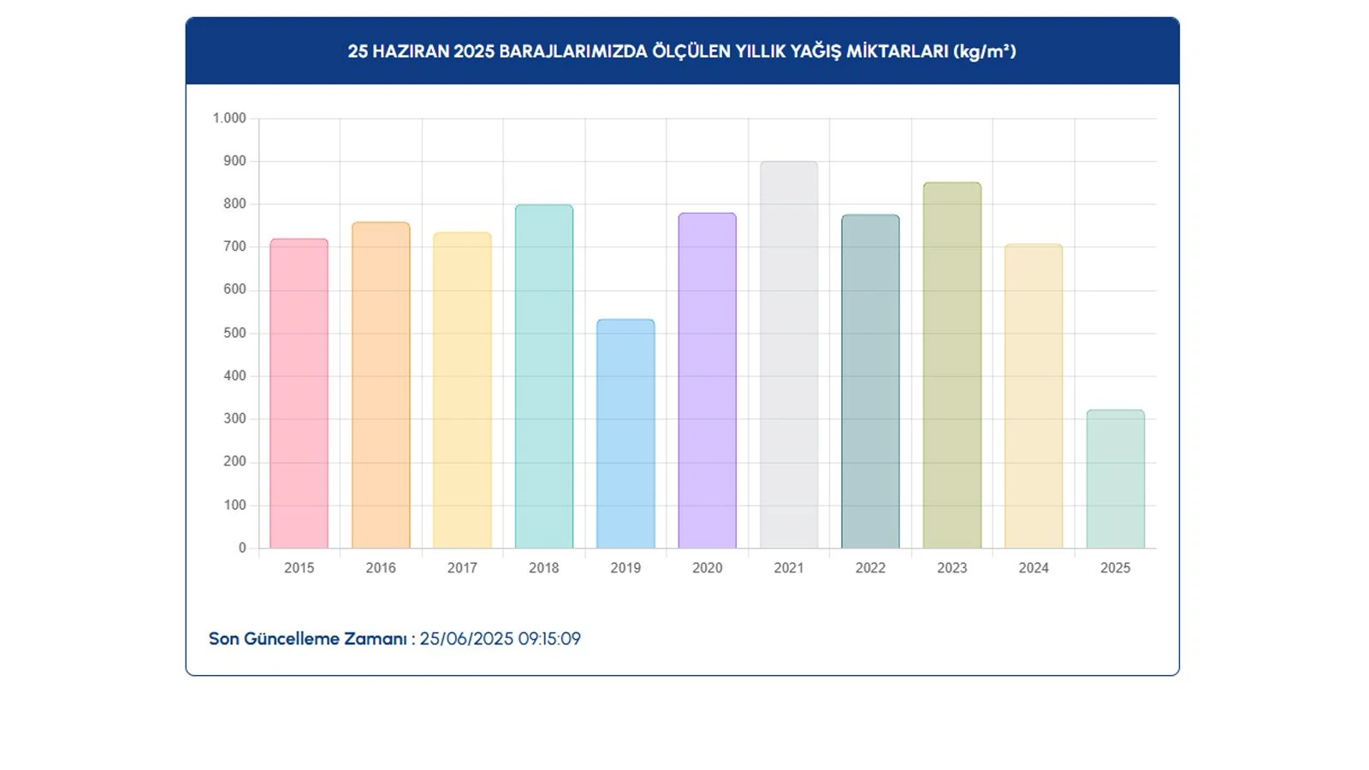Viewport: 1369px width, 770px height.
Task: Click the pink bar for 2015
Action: tap(299, 394)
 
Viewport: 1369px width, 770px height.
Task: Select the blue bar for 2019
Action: tap(625, 434)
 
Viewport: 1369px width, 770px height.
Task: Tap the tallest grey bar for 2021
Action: tap(789, 355)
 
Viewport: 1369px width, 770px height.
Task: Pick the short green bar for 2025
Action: tap(1115, 479)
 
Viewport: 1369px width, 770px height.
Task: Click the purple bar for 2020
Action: tap(707, 381)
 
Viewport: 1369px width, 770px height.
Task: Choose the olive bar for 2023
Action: tap(951, 365)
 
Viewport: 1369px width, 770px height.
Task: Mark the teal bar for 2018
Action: tap(543, 376)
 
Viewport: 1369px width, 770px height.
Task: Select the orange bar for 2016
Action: tap(381, 385)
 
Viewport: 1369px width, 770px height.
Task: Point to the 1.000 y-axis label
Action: tap(229, 118)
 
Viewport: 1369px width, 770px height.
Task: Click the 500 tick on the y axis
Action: tap(234, 333)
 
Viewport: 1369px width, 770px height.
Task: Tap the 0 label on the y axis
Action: tap(242, 548)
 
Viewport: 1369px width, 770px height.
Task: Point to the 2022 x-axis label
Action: tap(870, 568)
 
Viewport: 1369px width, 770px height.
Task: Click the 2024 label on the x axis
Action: tap(1034, 568)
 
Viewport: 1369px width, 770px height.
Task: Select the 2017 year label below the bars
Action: tap(462, 568)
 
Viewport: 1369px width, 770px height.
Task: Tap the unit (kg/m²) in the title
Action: tap(985, 51)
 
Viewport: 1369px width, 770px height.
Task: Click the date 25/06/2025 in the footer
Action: tap(466, 639)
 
